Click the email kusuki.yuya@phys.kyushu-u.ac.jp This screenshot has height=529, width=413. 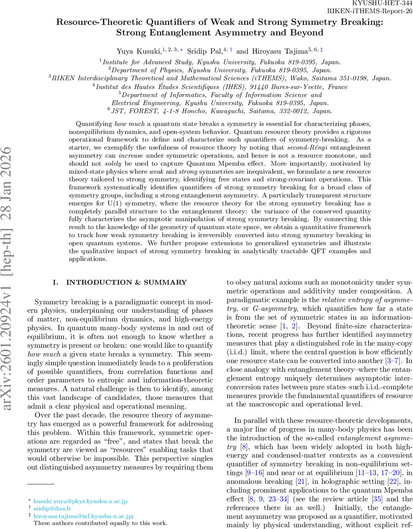(x=81, y=502)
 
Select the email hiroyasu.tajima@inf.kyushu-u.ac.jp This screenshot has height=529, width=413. (x=83, y=516)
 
